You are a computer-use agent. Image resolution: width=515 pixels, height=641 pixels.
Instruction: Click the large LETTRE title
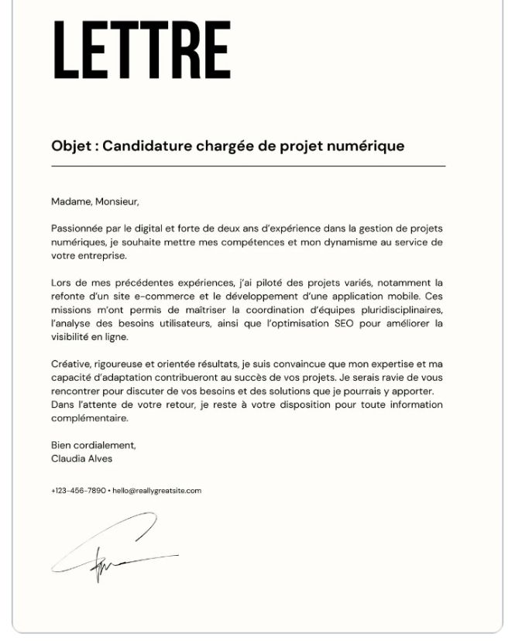[142, 50]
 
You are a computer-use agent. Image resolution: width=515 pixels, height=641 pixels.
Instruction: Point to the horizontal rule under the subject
[248, 166]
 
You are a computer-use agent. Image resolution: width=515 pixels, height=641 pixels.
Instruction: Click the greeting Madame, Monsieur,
[95, 202]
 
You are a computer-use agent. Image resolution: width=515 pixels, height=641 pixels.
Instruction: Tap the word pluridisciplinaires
[393, 310]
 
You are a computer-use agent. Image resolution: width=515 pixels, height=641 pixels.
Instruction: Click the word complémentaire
[89, 418]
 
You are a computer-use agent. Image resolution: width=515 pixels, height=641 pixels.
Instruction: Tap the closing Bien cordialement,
[94, 445]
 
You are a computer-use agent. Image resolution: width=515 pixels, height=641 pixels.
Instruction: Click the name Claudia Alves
[81, 458]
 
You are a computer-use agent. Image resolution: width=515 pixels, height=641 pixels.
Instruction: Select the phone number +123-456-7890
[78, 491]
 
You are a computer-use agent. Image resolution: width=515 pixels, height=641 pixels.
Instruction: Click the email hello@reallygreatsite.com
[156, 491]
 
